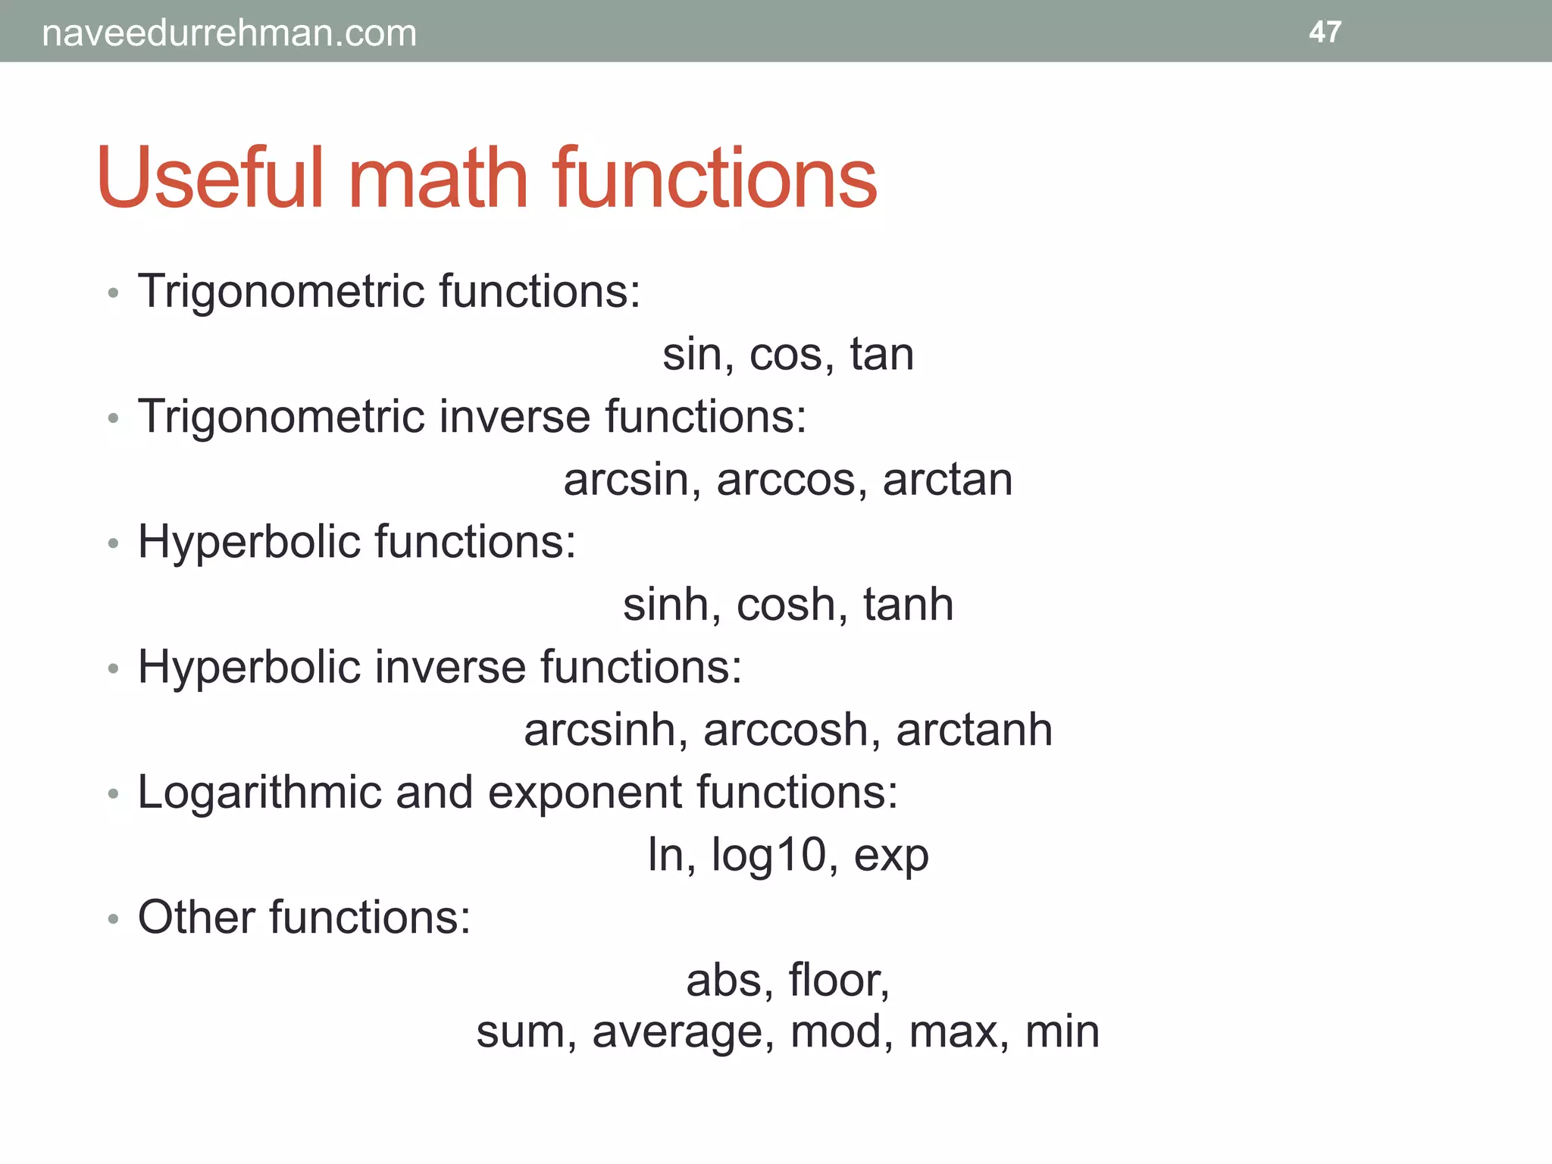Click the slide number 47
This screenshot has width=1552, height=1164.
tap(1325, 32)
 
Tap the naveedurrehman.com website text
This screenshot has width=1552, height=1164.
tap(229, 33)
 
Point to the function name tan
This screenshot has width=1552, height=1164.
tap(881, 354)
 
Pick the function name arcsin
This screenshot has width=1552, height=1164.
tap(625, 480)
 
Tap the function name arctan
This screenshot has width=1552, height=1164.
tap(947, 480)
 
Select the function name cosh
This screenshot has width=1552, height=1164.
tap(785, 605)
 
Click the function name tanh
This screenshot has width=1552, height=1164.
tap(908, 605)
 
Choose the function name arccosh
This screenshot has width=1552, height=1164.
tap(785, 731)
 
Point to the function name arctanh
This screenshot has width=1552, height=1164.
tap(974, 731)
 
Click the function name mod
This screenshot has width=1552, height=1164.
tap(835, 1032)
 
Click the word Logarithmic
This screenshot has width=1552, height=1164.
tap(259, 794)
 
